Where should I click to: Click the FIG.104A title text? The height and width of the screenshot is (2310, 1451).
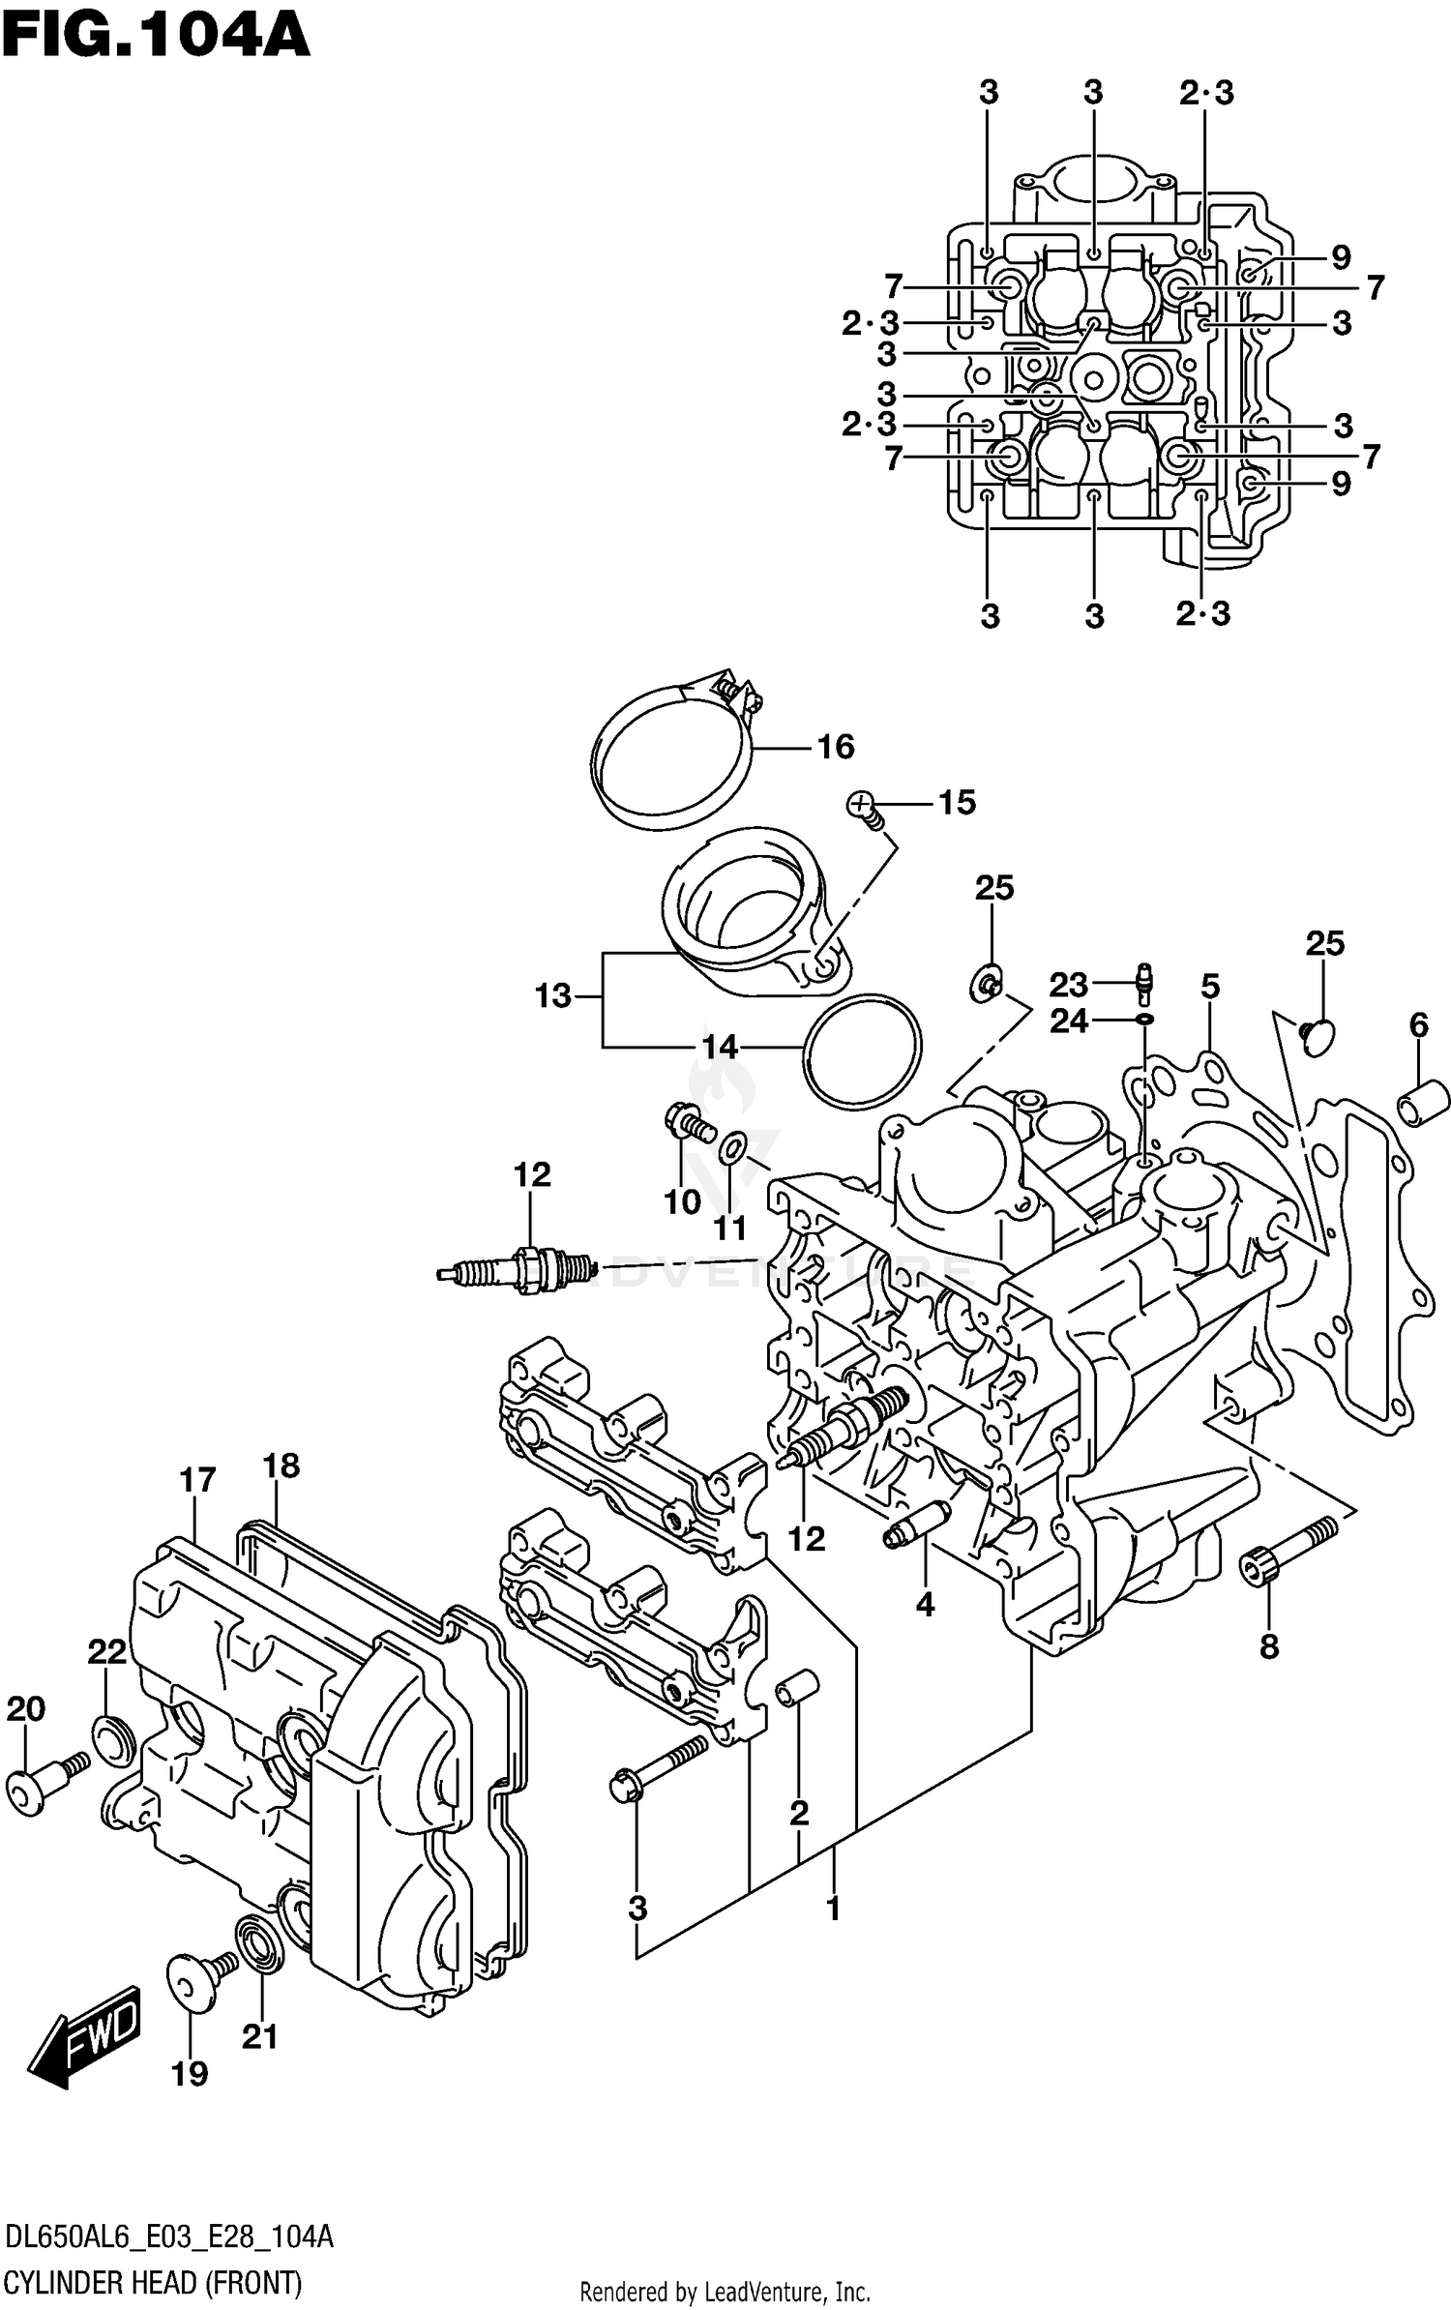(155, 37)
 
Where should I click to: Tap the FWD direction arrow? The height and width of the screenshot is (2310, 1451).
(85, 2033)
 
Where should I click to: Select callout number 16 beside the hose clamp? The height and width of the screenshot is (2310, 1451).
(835, 747)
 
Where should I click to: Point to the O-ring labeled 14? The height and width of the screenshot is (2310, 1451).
(861, 1051)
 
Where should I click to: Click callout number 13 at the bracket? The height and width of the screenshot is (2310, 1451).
(553, 995)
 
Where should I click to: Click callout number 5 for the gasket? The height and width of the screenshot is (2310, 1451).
(1210, 987)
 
